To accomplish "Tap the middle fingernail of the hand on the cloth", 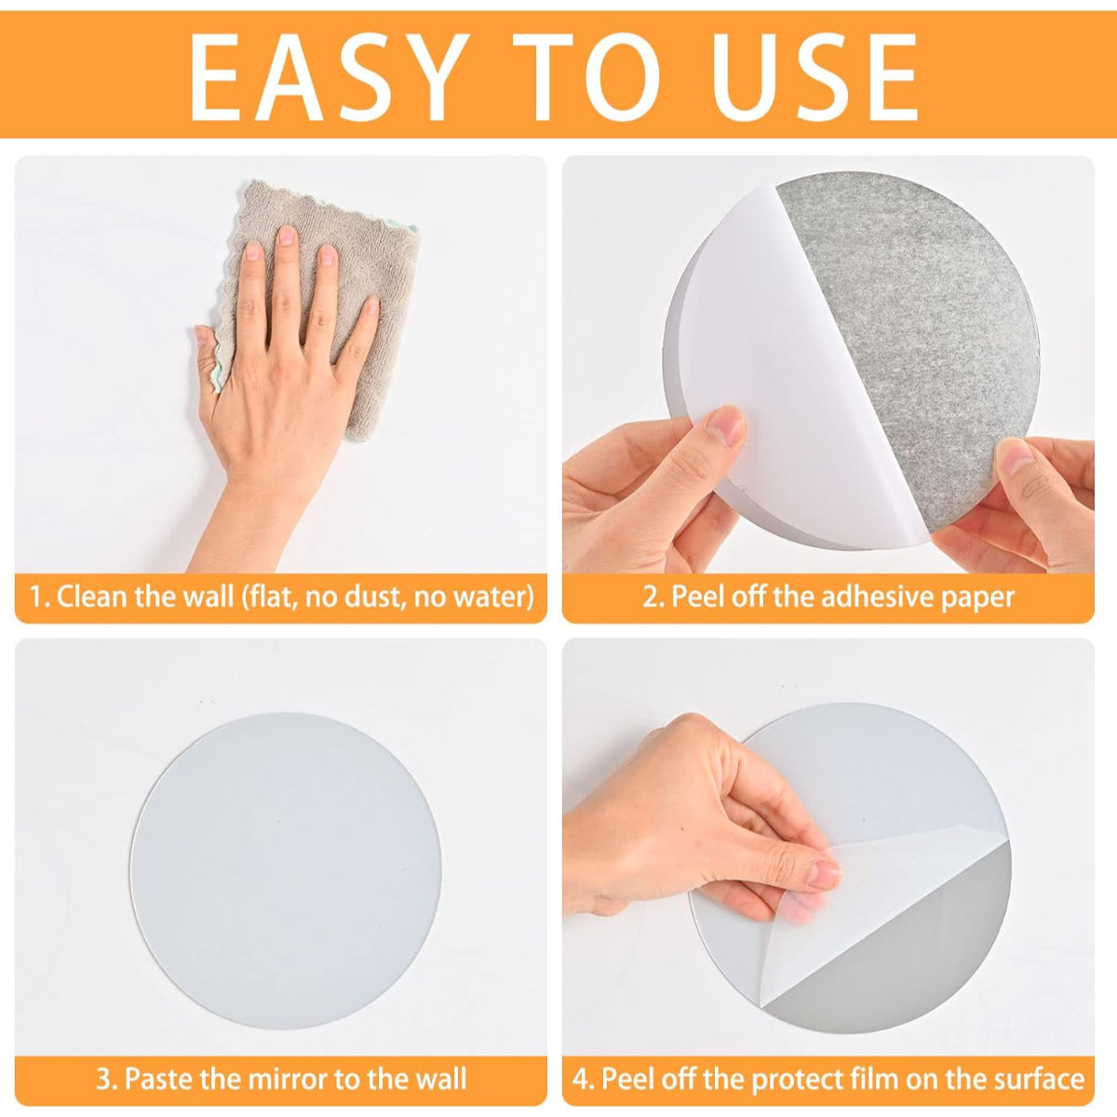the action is click(x=287, y=236).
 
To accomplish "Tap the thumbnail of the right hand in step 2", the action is click(x=1015, y=456).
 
